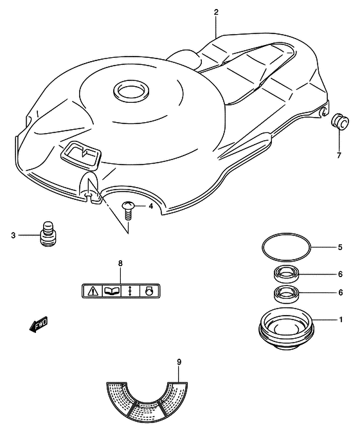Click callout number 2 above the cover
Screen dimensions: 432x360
216,12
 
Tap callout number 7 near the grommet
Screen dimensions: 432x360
338,154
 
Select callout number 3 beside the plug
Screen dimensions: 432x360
12,235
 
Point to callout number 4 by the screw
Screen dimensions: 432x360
150,206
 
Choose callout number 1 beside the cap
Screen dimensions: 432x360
341,319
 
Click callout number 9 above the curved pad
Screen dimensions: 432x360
179,362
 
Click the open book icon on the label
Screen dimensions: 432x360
111,291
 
